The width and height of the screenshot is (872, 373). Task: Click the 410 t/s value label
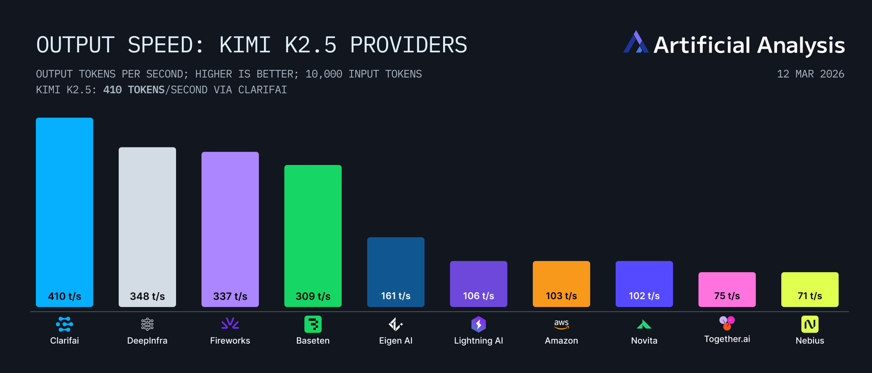click(x=65, y=296)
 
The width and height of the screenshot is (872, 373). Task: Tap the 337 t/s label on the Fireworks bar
click(x=230, y=296)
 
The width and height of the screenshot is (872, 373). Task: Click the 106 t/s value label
click(x=479, y=296)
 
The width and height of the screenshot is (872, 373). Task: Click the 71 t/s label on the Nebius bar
click(x=810, y=296)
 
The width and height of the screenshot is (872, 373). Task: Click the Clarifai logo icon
click(x=65, y=324)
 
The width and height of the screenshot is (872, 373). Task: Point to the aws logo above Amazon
click(x=562, y=324)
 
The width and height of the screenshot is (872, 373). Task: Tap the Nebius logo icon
click(x=810, y=324)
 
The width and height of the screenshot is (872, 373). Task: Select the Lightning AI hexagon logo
click(x=479, y=324)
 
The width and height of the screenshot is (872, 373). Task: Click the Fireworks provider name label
click(x=230, y=341)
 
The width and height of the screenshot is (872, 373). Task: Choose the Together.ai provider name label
click(x=727, y=339)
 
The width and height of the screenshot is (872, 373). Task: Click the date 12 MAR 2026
click(x=811, y=74)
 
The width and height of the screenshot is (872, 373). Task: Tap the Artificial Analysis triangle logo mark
click(x=636, y=42)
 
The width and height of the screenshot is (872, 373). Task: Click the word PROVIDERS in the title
click(x=409, y=45)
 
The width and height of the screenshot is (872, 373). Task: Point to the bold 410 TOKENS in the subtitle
click(x=134, y=90)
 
